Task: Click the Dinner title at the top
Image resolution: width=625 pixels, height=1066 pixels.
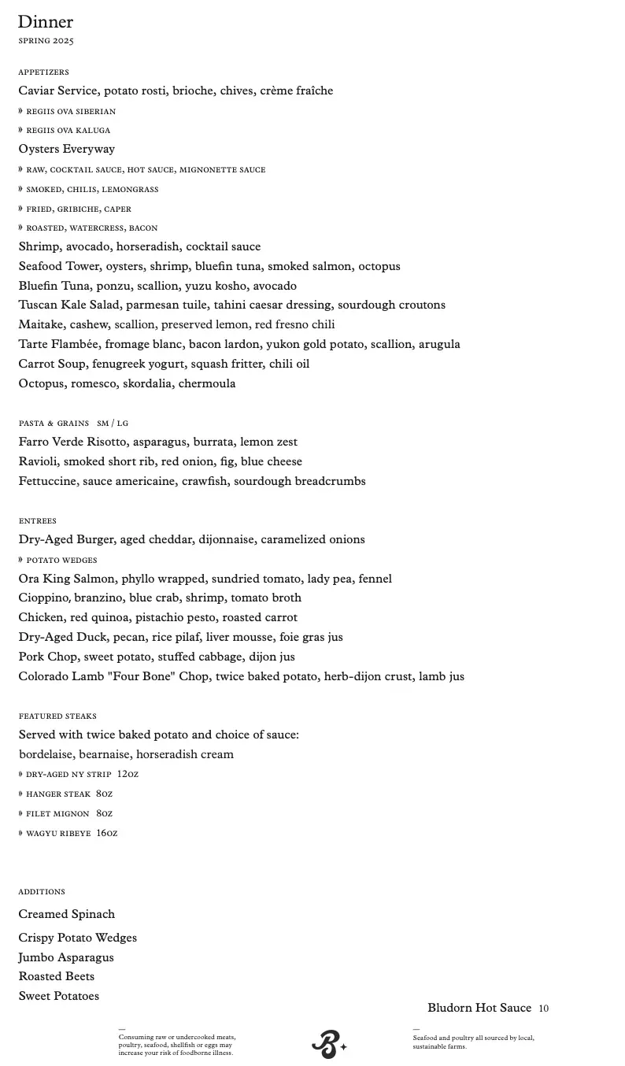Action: [x=46, y=22]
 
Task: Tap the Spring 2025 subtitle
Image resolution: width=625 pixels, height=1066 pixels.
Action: [x=46, y=41]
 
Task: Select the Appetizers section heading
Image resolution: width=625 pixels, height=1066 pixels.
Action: [x=44, y=72]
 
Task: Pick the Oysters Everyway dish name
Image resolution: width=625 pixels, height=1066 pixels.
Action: [x=67, y=149]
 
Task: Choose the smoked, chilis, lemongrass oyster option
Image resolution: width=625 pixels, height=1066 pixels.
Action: [x=92, y=190]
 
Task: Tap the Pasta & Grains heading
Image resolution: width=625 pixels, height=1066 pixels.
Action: [x=54, y=424]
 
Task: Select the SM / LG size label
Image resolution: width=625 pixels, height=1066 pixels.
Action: [x=113, y=424]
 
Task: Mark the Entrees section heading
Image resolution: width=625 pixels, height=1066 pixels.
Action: [x=38, y=521]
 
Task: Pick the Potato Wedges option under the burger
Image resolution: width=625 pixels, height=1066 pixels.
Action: [x=61, y=561]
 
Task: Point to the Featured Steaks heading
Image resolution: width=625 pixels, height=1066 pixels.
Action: [x=57, y=716]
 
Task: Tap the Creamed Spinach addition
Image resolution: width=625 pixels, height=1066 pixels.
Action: [x=67, y=914]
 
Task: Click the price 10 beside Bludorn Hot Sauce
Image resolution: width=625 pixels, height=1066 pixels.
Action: [x=544, y=1009]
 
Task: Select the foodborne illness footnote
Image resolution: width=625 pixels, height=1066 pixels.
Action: [x=177, y=1045]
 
